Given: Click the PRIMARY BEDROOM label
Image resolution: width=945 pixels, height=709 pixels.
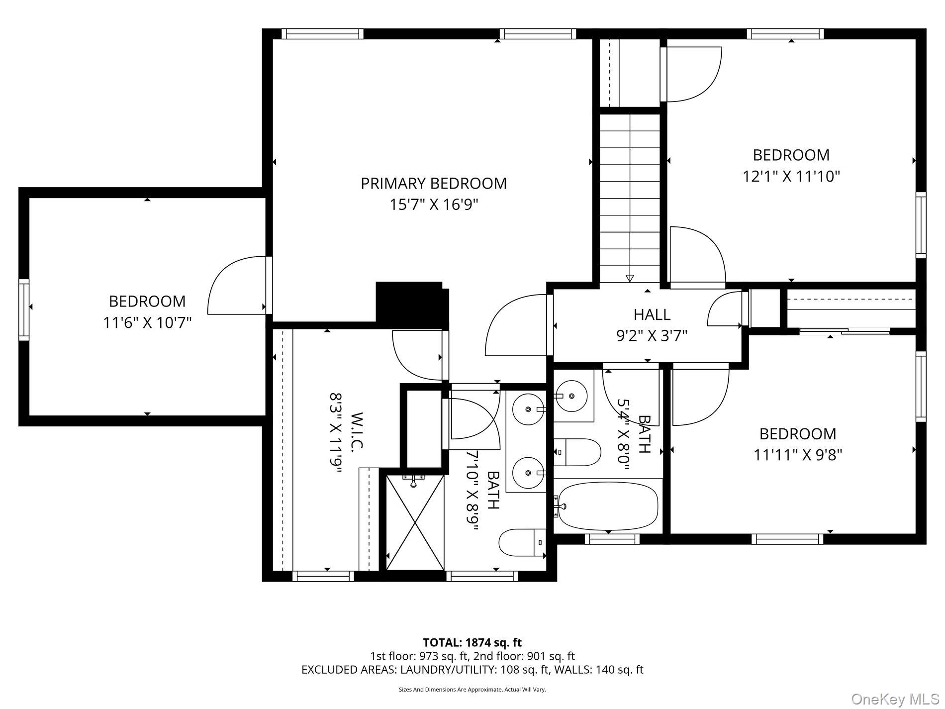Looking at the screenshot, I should coord(434,183).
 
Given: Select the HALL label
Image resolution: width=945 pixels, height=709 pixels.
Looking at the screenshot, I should coord(652,314).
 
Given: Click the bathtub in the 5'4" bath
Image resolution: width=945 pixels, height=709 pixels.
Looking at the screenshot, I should coord(608,506).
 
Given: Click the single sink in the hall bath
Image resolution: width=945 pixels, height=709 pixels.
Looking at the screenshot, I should coord(571,396).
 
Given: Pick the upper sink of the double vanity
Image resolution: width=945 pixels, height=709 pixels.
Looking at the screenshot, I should coord(528,409).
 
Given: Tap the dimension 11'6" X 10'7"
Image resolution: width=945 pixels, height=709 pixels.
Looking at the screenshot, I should coord(147,322).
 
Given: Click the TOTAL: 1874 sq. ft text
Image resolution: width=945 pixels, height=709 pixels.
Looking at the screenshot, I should coord(472,642).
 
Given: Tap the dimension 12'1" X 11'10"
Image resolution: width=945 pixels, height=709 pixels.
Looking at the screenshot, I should coord(791,176).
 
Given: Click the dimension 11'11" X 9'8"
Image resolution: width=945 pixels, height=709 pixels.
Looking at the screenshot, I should coord(798,455).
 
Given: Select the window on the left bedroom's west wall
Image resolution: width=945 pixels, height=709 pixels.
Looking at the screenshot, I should coord(24,309).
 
